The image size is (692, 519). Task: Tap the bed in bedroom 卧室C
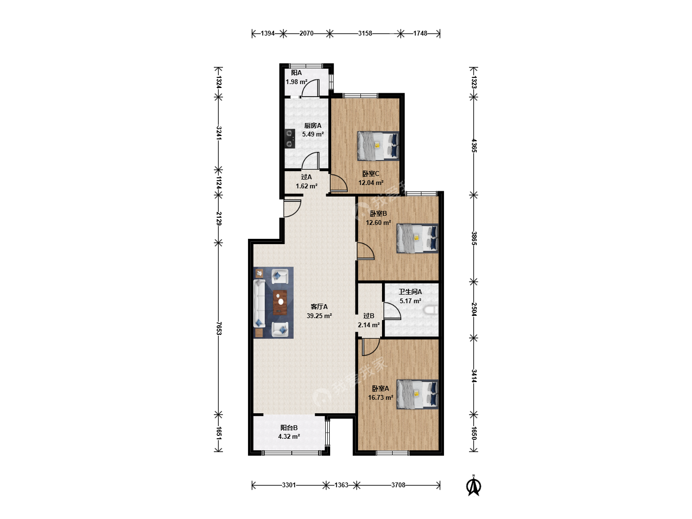coord(378,146)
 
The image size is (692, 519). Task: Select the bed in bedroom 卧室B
coord(418,238)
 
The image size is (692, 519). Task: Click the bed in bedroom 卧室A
coord(418,394)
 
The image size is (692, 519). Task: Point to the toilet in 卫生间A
coord(431,310)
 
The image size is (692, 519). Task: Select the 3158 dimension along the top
coord(365,33)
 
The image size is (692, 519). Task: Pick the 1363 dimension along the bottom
coord(341,485)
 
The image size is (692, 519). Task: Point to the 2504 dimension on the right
coord(474,309)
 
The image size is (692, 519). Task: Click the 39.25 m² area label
coord(319,316)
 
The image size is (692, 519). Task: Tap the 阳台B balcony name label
coord(289,428)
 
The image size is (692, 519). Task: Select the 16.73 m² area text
coord(381,398)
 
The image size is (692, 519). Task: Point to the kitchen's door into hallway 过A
coord(310,161)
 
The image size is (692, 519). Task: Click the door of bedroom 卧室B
coord(365,251)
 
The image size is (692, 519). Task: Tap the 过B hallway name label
coord(369,316)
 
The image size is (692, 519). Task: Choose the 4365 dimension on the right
coord(474,146)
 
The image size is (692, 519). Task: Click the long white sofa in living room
coord(259,303)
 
